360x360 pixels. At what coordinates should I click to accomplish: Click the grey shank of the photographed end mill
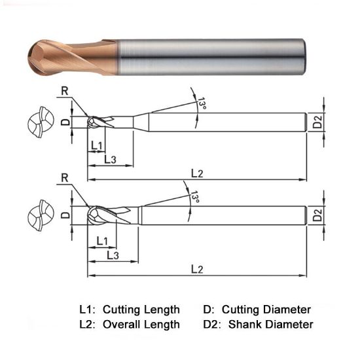(209, 56)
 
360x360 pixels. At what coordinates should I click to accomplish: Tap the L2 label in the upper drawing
(197, 172)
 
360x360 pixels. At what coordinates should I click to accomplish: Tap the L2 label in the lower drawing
(197, 269)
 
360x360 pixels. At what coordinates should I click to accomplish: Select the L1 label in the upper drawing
(96, 145)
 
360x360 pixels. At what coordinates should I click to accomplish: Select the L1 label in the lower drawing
(102, 241)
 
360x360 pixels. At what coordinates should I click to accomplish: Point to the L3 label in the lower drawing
(112, 255)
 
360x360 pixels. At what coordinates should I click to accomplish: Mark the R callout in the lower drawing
(63, 178)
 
